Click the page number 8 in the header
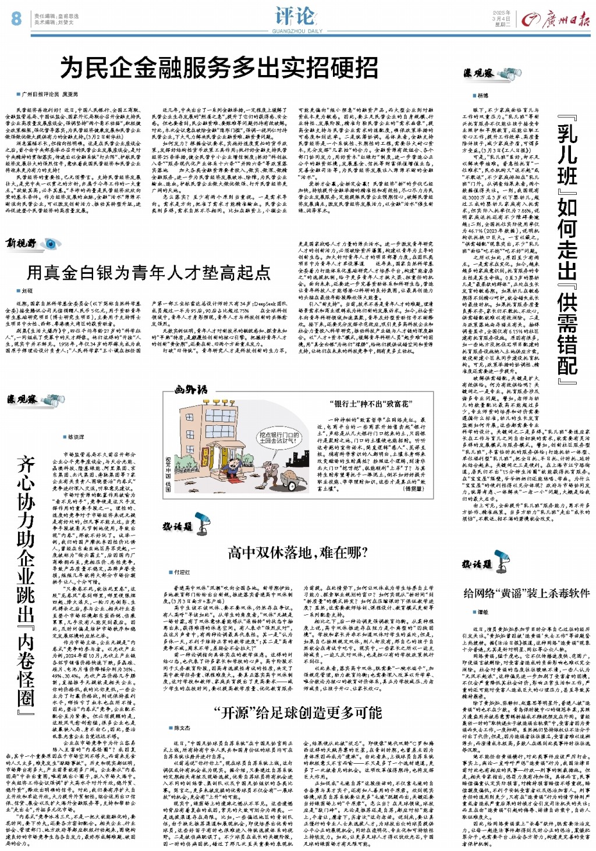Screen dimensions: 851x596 16,18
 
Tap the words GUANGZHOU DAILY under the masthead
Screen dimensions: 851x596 297,31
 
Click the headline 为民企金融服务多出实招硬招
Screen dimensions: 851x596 219,69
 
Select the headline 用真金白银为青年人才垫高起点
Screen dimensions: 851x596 149,272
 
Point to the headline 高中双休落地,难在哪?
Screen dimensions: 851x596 297,552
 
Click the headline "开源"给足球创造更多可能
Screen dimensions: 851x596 297,712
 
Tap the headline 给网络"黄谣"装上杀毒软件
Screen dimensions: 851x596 526,593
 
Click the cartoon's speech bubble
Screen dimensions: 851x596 279,437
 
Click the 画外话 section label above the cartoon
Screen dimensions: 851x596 191,390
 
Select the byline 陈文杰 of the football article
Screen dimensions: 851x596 182,728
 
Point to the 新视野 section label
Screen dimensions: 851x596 22,243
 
